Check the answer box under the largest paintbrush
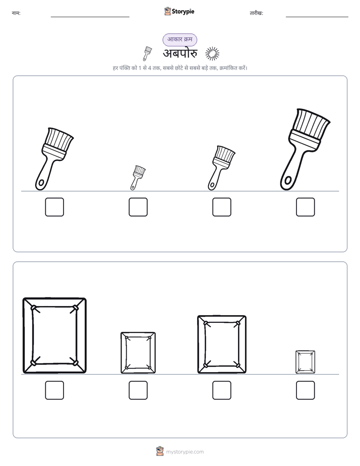click(305, 207)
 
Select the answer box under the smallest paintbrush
click(138, 207)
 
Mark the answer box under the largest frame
click(54, 390)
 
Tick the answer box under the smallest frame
click(305, 390)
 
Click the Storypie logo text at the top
click(183, 12)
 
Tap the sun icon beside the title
click(212, 54)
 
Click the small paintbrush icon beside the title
click(147, 53)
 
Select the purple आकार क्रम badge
click(179, 39)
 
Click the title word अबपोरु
click(180, 53)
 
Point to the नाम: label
click(16, 13)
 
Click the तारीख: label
click(256, 13)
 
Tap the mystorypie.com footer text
click(185, 452)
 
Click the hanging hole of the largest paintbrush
click(287, 180)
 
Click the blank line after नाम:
click(90, 17)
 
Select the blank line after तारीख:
click(317, 17)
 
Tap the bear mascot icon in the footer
click(160, 451)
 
